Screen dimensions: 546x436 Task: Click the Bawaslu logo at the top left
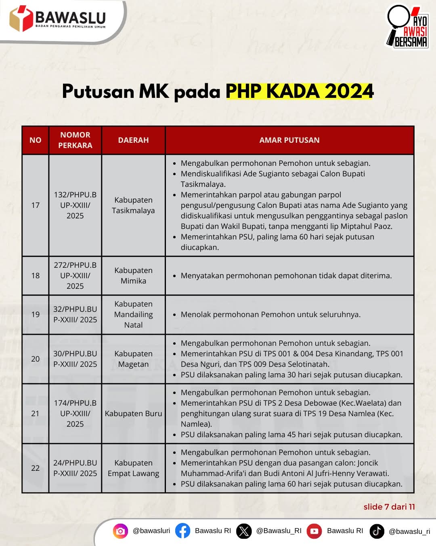point(57,19)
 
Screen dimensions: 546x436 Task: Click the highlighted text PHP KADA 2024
point(300,91)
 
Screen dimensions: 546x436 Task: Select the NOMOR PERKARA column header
point(75,140)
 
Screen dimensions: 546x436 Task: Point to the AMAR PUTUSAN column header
point(289,140)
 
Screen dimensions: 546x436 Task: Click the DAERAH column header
point(133,140)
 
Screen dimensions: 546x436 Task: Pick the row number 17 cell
point(36,205)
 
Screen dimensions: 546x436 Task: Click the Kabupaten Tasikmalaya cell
point(133,205)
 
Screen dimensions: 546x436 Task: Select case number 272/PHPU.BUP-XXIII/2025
point(75,275)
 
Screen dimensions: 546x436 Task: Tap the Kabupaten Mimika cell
point(133,275)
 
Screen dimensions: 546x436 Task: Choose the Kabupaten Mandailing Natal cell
point(133,314)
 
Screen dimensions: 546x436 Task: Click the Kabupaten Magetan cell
point(133,359)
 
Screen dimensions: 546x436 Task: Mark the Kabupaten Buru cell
point(133,413)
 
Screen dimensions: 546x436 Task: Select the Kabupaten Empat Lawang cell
point(133,468)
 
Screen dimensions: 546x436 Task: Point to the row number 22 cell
point(36,468)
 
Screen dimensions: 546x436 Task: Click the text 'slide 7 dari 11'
point(389,507)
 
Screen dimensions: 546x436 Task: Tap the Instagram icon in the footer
point(120,531)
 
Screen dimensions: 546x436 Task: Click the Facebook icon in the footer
point(182,531)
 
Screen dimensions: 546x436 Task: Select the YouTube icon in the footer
point(314,531)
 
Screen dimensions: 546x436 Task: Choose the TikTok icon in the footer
point(377,531)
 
